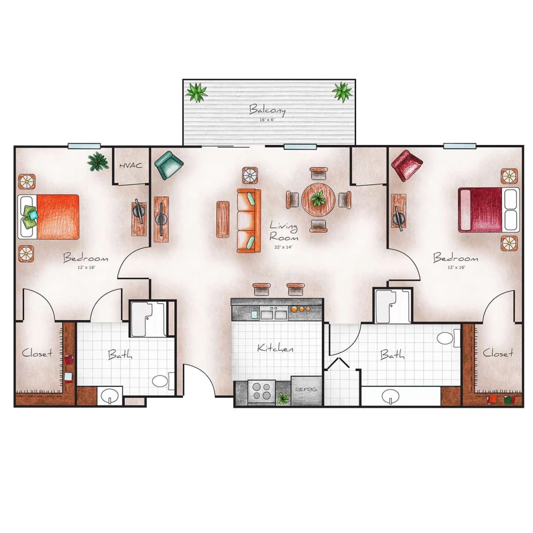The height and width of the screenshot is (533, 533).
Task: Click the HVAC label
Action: pos(131,165)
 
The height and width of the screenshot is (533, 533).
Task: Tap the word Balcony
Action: pos(268,110)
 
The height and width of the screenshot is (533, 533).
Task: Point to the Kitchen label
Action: pos(275,348)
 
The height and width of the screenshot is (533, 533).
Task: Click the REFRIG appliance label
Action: pos(306,390)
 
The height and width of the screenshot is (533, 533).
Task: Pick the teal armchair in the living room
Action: pos(168,165)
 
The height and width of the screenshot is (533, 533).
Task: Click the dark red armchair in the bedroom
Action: pos(406,165)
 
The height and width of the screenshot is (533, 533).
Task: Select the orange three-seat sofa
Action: pos(248,220)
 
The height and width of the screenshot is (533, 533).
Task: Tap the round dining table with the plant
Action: pos(318,199)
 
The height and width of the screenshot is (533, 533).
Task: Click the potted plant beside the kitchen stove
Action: pos(283,398)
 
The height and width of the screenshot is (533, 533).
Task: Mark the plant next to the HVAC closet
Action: pos(98,161)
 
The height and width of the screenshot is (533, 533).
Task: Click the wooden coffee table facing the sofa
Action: pos(223,219)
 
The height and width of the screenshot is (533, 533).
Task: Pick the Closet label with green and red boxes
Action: pos(498,353)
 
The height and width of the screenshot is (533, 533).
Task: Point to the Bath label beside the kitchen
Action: pos(392,354)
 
